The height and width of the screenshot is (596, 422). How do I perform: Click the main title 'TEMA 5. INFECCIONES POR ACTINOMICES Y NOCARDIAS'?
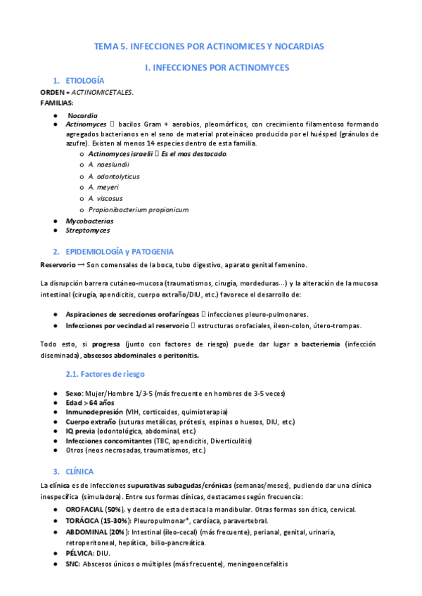[209, 46]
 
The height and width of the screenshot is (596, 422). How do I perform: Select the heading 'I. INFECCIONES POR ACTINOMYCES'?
[216, 67]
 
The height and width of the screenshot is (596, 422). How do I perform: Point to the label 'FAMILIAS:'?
[56, 103]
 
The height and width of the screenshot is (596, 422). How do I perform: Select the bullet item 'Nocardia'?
[82, 115]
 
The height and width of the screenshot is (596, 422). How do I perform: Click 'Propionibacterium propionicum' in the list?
[138, 209]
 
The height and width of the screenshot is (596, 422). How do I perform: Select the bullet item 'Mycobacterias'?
[89, 221]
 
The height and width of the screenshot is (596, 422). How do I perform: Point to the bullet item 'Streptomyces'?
[87, 231]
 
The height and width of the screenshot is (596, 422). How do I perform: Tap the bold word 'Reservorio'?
[58, 265]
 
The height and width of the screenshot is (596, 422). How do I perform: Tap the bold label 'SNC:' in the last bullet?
[72, 563]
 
